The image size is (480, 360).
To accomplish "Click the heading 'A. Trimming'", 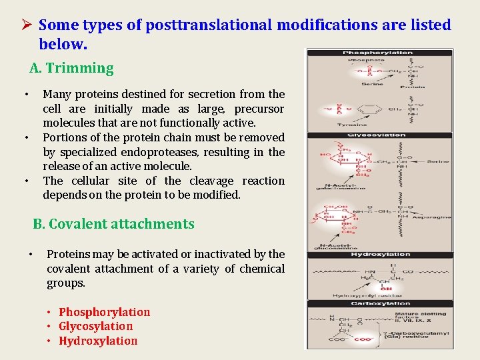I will coord(72,68).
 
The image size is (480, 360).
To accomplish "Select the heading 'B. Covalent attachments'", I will coord(113,224).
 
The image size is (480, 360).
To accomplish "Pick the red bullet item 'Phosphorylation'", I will coord(104,312).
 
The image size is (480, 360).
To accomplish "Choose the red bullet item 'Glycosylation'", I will coord(95,326).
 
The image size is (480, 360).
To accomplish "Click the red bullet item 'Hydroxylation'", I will coord(98,341).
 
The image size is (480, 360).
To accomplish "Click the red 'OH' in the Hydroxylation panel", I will coord(385,289).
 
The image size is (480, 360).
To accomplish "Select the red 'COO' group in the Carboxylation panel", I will coord(363,339).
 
